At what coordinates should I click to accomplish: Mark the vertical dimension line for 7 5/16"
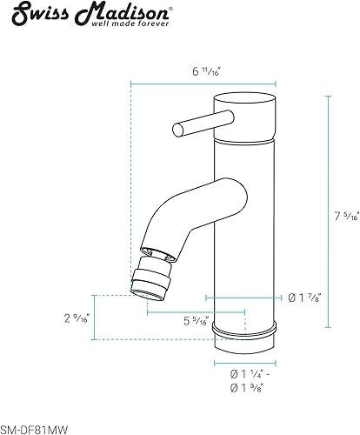click(x=328, y=212)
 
